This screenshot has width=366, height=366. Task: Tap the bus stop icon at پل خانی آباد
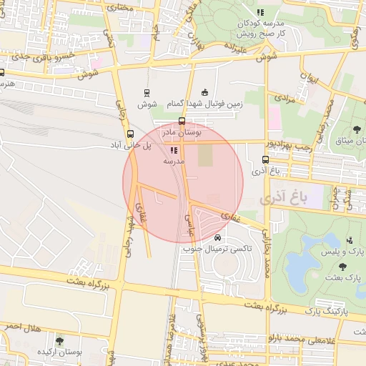click(130, 134)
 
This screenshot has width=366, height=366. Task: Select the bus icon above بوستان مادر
click(182, 122)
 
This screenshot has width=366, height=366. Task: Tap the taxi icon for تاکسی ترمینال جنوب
click(217, 237)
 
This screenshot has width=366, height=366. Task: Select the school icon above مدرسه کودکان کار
click(260, 12)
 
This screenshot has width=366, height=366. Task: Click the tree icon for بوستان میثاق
click(357, 129)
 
